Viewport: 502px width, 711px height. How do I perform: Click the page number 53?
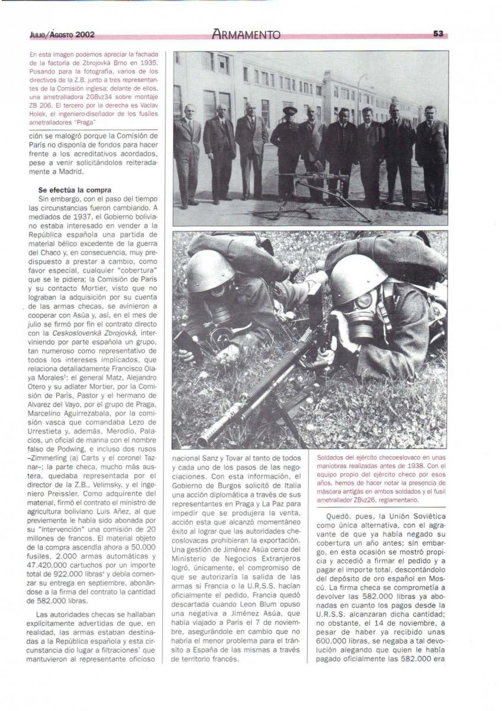[438, 34]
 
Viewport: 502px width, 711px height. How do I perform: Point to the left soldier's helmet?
[210, 270]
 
